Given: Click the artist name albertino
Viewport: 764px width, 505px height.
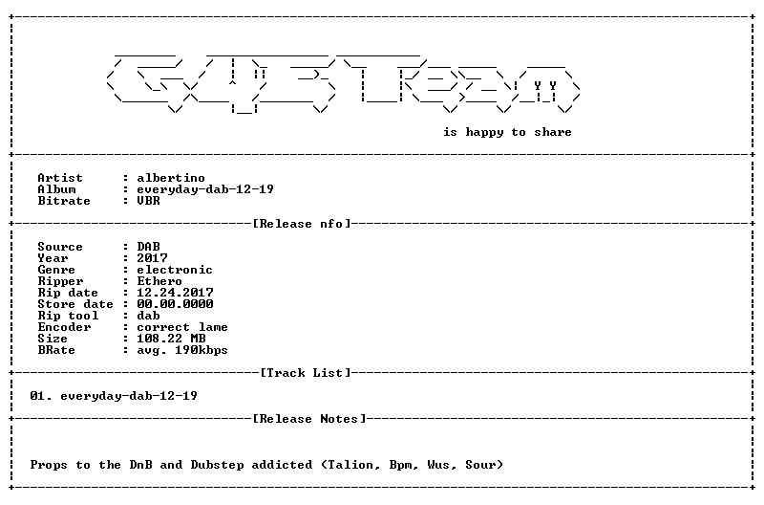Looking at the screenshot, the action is point(171,178).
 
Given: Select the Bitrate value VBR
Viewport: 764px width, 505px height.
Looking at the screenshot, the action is point(148,201).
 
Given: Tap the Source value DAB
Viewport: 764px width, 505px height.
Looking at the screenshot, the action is point(148,247).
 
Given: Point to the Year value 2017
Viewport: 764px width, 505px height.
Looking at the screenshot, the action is point(152,258).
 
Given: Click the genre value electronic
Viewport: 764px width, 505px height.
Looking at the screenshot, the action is point(175,270).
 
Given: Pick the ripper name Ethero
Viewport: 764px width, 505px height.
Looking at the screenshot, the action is point(159,281).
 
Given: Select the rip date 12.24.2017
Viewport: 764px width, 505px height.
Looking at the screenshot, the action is point(175,293).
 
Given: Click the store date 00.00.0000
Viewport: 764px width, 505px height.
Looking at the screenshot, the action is point(175,304).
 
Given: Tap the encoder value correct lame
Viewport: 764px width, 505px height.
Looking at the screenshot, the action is point(182,327).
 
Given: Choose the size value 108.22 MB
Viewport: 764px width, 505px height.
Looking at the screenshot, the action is point(171,339).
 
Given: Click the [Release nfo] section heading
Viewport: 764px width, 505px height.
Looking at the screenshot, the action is point(302,224).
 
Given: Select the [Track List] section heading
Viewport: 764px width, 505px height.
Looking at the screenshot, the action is point(306,373).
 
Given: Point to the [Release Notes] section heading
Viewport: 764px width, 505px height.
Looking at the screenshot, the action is point(309,419).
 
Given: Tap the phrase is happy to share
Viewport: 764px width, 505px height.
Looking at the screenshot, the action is point(507,132).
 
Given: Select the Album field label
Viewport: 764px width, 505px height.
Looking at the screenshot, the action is point(56,189).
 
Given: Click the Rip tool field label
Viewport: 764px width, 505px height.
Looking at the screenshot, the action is point(68,316).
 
